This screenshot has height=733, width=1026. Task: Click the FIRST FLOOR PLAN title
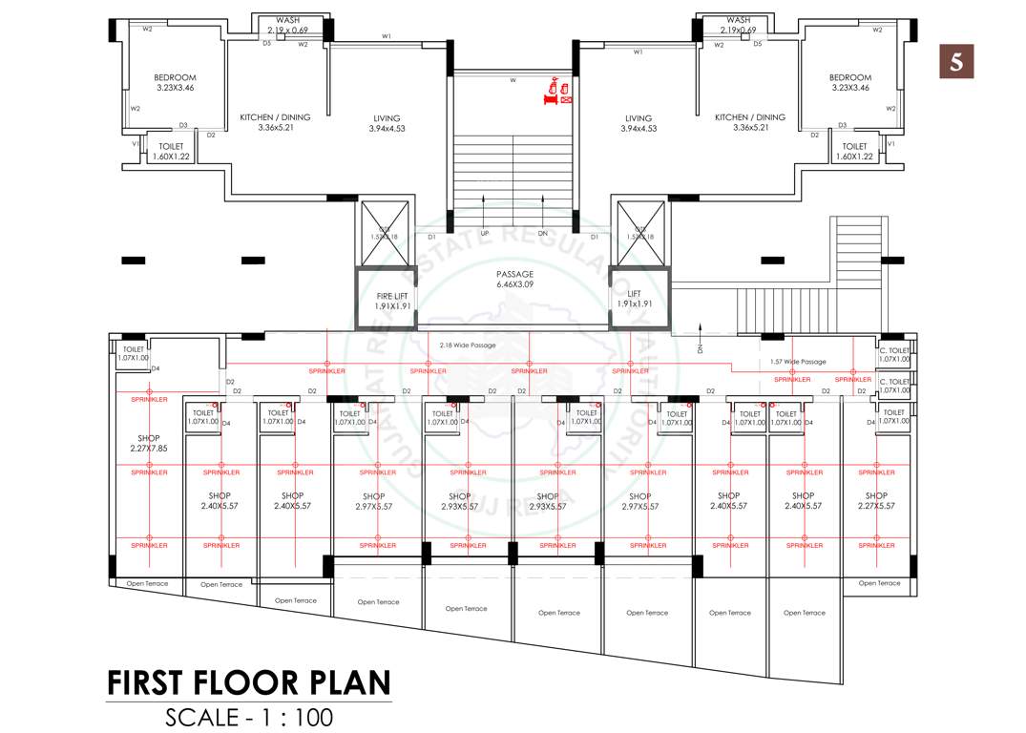248,683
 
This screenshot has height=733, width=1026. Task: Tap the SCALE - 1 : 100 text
248,717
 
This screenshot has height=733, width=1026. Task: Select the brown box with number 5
955,61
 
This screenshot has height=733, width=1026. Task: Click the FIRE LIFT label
392,301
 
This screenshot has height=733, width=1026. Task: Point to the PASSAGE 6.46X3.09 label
514,280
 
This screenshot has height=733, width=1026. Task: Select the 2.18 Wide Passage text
468,345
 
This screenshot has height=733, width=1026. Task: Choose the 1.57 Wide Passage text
798,362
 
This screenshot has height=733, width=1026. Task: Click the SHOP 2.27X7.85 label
148,443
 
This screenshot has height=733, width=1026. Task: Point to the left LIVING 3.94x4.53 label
387,123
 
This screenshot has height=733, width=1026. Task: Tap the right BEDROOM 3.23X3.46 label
849,83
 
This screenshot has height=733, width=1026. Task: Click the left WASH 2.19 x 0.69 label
287,25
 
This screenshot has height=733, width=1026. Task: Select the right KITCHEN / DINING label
750,122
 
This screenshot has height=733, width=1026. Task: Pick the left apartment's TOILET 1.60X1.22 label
172,151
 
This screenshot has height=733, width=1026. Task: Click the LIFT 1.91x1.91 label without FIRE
634,299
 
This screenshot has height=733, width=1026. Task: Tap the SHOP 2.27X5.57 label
876,500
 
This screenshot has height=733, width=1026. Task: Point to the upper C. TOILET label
894,355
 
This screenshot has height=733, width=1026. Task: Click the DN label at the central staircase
543,233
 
